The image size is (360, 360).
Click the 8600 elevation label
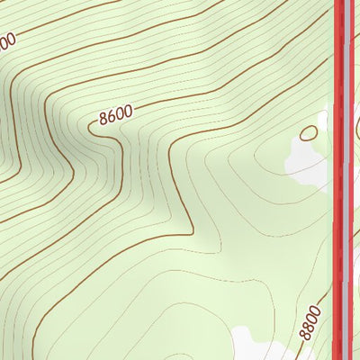116,114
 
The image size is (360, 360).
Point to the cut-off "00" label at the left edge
7,41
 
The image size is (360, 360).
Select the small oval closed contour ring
309,133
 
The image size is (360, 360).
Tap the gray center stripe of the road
346,180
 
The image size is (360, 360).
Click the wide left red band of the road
339,180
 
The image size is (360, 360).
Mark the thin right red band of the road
352,180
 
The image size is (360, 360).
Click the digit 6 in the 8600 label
112,115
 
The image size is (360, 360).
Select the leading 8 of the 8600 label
103,118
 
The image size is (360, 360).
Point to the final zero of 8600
128,111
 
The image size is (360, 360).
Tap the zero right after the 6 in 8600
120,113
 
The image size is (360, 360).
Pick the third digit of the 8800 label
312,316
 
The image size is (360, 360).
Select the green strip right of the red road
357,225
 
